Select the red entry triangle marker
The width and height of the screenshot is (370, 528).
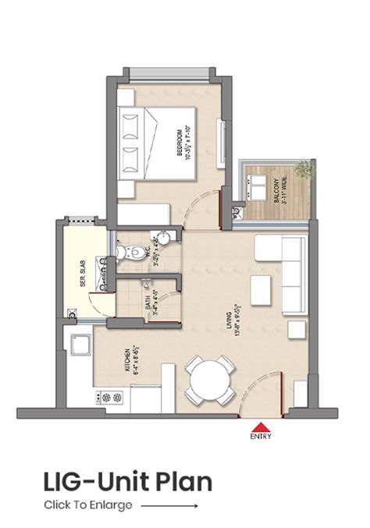tap(258, 427)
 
